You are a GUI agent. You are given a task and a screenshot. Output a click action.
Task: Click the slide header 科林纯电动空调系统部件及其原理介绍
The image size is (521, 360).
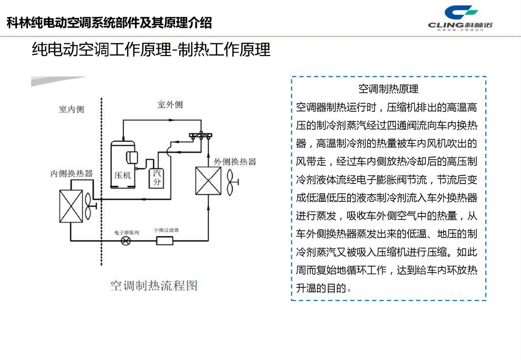pyautogui.click(x=109, y=23)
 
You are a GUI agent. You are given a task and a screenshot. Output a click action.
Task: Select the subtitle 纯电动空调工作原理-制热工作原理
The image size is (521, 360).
pyautogui.click(x=151, y=50)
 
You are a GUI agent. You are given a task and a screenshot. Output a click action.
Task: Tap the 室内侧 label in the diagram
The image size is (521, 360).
pyautogui.click(x=71, y=109)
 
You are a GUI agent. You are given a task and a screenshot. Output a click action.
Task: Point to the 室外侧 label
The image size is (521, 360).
pyautogui.click(x=170, y=105)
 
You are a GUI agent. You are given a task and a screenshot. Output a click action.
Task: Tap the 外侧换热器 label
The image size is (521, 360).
pyautogui.click(x=235, y=162)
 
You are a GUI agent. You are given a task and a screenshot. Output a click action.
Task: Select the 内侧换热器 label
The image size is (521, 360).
pyautogui.click(x=71, y=173)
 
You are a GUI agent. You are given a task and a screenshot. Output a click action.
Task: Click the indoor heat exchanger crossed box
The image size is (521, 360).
pyautogui.click(x=71, y=206)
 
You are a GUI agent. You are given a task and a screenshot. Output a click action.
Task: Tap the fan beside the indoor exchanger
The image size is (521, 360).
pyautogui.click(x=90, y=206)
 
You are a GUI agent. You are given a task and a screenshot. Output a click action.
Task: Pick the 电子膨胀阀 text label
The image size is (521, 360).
pyautogui.click(x=126, y=232)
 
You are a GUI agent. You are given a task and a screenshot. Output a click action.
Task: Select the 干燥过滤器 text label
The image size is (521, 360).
pyautogui.click(x=166, y=230)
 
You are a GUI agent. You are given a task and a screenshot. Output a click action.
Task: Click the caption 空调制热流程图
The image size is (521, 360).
pyautogui.click(x=153, y=285)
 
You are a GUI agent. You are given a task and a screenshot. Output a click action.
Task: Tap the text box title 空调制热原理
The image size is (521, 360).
pyautogui.click(x=388, y=89)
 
